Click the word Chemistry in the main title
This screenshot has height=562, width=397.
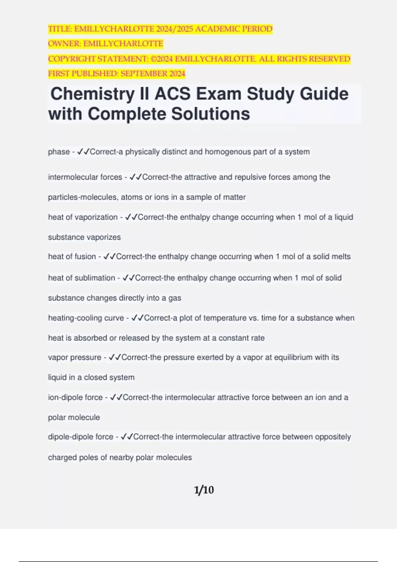tap(90, 94)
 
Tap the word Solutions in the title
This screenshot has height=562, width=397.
tap(210, 114)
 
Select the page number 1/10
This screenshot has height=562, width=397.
tap(204, 490)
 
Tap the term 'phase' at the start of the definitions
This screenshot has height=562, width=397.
tap(59, 152)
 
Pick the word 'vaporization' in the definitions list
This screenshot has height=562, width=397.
tap(96, 217)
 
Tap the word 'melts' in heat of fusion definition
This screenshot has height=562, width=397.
tap(341, 257)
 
